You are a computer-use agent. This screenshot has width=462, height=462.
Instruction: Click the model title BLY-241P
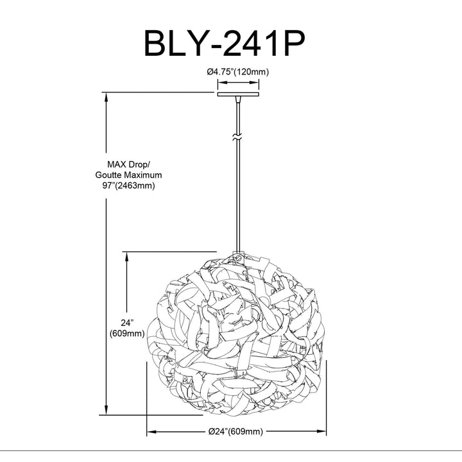tap(224, 43)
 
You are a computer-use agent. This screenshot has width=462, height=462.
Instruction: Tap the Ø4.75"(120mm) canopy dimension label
tap(238, 72)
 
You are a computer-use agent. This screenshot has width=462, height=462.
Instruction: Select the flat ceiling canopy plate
tap(238, 94)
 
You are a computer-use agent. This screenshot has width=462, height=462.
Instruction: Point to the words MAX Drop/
tap(128, 164)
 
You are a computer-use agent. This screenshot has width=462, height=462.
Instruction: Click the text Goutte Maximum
tap(128, 175)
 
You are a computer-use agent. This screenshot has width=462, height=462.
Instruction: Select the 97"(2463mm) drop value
tap(128, 186)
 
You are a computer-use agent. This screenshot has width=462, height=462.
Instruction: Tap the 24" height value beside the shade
tap(127, 323)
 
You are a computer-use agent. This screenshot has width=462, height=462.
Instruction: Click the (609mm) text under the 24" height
tap(127, 334)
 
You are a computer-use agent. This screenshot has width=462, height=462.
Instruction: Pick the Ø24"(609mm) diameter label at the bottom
tap(235, 432)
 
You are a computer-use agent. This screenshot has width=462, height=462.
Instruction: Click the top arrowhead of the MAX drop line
tap(106, 98)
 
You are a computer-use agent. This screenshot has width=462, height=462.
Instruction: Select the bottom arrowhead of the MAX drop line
tap(106, 410)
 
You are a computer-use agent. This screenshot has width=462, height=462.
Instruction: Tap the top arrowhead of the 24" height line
tap(126, 257)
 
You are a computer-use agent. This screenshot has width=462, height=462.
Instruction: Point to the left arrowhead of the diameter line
tap(151, 432)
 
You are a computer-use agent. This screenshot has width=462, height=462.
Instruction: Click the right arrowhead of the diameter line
tap(321, 432)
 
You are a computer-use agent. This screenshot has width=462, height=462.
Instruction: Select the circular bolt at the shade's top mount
tap(238, 259)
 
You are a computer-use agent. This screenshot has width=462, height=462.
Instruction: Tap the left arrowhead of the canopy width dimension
tap(222, 83)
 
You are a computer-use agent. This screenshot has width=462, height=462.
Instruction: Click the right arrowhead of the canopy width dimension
tap(254, 83)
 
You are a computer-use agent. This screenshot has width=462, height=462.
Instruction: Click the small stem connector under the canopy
tap(237, 99)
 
